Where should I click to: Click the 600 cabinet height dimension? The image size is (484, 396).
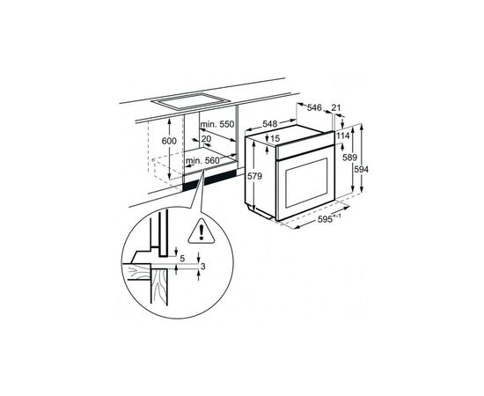[169, 141]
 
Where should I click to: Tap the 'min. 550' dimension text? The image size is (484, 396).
[217, 124]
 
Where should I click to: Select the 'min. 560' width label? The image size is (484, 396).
[202, 160]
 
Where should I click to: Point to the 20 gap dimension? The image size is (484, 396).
[206, 138]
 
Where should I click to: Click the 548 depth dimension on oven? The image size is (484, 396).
[270, 124]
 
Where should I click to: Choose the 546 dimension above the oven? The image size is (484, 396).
[314, 107]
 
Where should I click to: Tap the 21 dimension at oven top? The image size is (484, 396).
[336, 107]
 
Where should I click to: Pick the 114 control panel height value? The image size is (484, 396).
[343, 136]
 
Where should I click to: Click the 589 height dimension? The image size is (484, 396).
[349, 158]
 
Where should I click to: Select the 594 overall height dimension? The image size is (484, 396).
[361, 170]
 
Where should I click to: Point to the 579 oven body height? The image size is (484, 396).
[254, 176]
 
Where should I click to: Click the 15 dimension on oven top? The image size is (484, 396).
[275, 138]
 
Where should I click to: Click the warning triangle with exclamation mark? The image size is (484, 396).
[202, 231]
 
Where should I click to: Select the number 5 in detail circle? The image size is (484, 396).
[182, 259]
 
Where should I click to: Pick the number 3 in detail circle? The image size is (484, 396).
[202, 266]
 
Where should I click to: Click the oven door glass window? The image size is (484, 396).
[306, 183]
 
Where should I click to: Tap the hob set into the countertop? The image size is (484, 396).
[190, 101]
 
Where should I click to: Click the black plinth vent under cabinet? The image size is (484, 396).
[209, 181]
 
